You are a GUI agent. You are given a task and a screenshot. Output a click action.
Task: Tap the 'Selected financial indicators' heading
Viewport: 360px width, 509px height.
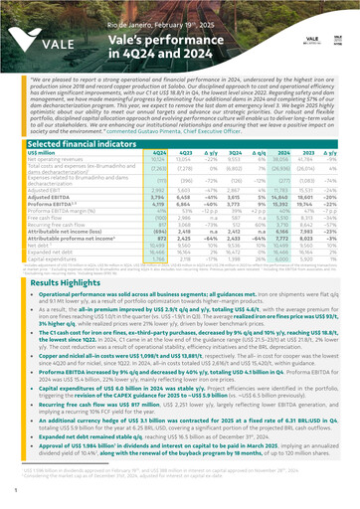(x=78, y=116)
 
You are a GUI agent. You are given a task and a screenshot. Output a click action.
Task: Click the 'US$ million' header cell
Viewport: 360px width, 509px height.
(x=42, y=126)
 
